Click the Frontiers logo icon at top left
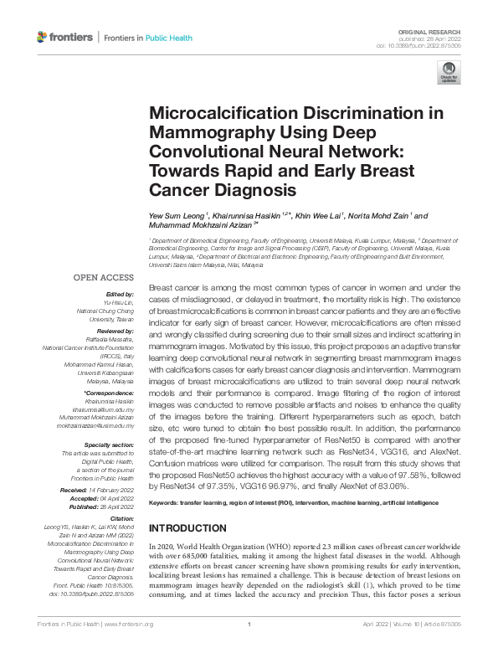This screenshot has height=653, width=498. pos(43,38)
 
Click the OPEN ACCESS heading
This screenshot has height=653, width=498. pos(103,276)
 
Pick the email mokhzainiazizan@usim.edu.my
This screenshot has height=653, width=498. pos(95,426)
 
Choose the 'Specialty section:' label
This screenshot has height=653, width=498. pos(109,445)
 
